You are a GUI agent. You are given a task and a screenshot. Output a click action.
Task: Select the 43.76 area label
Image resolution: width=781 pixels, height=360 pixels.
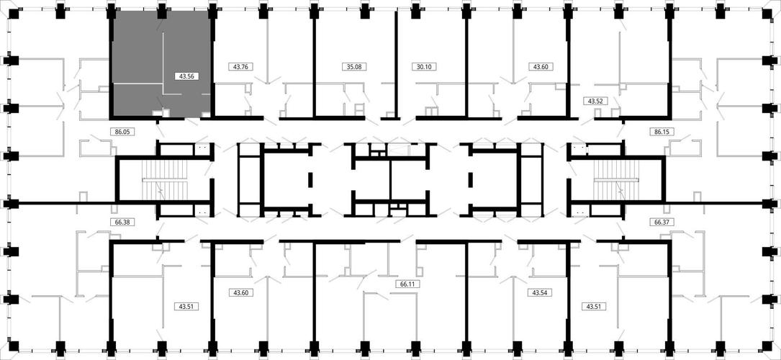tap(240, 66)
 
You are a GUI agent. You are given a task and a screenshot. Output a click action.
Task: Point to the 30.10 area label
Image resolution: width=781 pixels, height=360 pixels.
tap(424, 66)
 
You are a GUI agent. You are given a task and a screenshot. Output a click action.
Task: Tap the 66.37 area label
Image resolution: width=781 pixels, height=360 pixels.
tap(661, 222)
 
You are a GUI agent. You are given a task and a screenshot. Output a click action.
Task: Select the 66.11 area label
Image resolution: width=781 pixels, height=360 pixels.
tap(407, 284)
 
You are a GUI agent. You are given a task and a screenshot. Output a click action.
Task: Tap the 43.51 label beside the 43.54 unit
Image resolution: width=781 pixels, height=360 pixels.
tap(593, 306)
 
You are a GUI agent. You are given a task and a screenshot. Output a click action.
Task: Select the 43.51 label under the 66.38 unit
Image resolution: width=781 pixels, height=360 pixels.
tap(186, 306)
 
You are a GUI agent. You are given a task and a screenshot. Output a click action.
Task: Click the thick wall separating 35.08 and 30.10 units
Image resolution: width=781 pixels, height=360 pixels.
tap(395, 65)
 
